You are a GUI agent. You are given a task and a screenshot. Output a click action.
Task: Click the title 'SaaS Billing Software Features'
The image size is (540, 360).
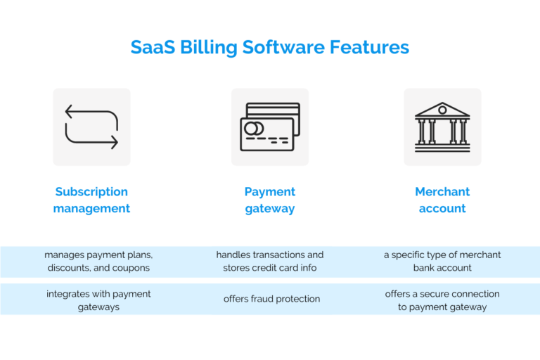(x=270, y=47)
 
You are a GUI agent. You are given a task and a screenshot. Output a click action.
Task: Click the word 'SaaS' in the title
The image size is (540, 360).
(x=154, y=47)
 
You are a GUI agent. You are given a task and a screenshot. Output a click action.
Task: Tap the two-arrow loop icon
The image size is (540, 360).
(x=91, y=127)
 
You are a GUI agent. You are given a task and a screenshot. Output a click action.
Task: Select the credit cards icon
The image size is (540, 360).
(x=270, y=127)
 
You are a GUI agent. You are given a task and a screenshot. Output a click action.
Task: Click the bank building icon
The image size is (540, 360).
(x=442, y=127)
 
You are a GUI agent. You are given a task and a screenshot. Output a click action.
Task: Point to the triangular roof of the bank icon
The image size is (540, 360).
(x=442, y=110)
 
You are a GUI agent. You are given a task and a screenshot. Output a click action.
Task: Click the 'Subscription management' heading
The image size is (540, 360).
(x=91, y=200)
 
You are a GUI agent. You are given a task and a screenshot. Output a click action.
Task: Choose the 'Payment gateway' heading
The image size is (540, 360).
(x=270, y=200)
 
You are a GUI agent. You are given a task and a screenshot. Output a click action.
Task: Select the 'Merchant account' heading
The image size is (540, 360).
(x=442, y=200)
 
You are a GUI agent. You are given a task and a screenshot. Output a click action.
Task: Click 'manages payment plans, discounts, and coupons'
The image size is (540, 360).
(x=98, y=261)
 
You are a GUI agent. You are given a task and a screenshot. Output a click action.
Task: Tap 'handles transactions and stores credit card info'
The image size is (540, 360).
(x=270, y=261)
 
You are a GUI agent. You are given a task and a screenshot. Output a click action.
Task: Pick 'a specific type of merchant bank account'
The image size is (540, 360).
(x=442, y=261)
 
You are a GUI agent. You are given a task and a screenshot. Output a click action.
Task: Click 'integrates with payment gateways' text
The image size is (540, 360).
(x=98, y=300)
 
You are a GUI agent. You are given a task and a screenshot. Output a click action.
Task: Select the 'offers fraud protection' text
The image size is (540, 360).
(x=271, y=299)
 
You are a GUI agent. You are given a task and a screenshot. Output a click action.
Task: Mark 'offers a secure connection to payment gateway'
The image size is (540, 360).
(x=442, y=300)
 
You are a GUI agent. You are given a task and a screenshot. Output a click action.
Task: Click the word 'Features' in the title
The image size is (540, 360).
(x=368, y=47)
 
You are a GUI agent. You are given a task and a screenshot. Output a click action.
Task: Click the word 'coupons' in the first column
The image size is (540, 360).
(x=133, y=268)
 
